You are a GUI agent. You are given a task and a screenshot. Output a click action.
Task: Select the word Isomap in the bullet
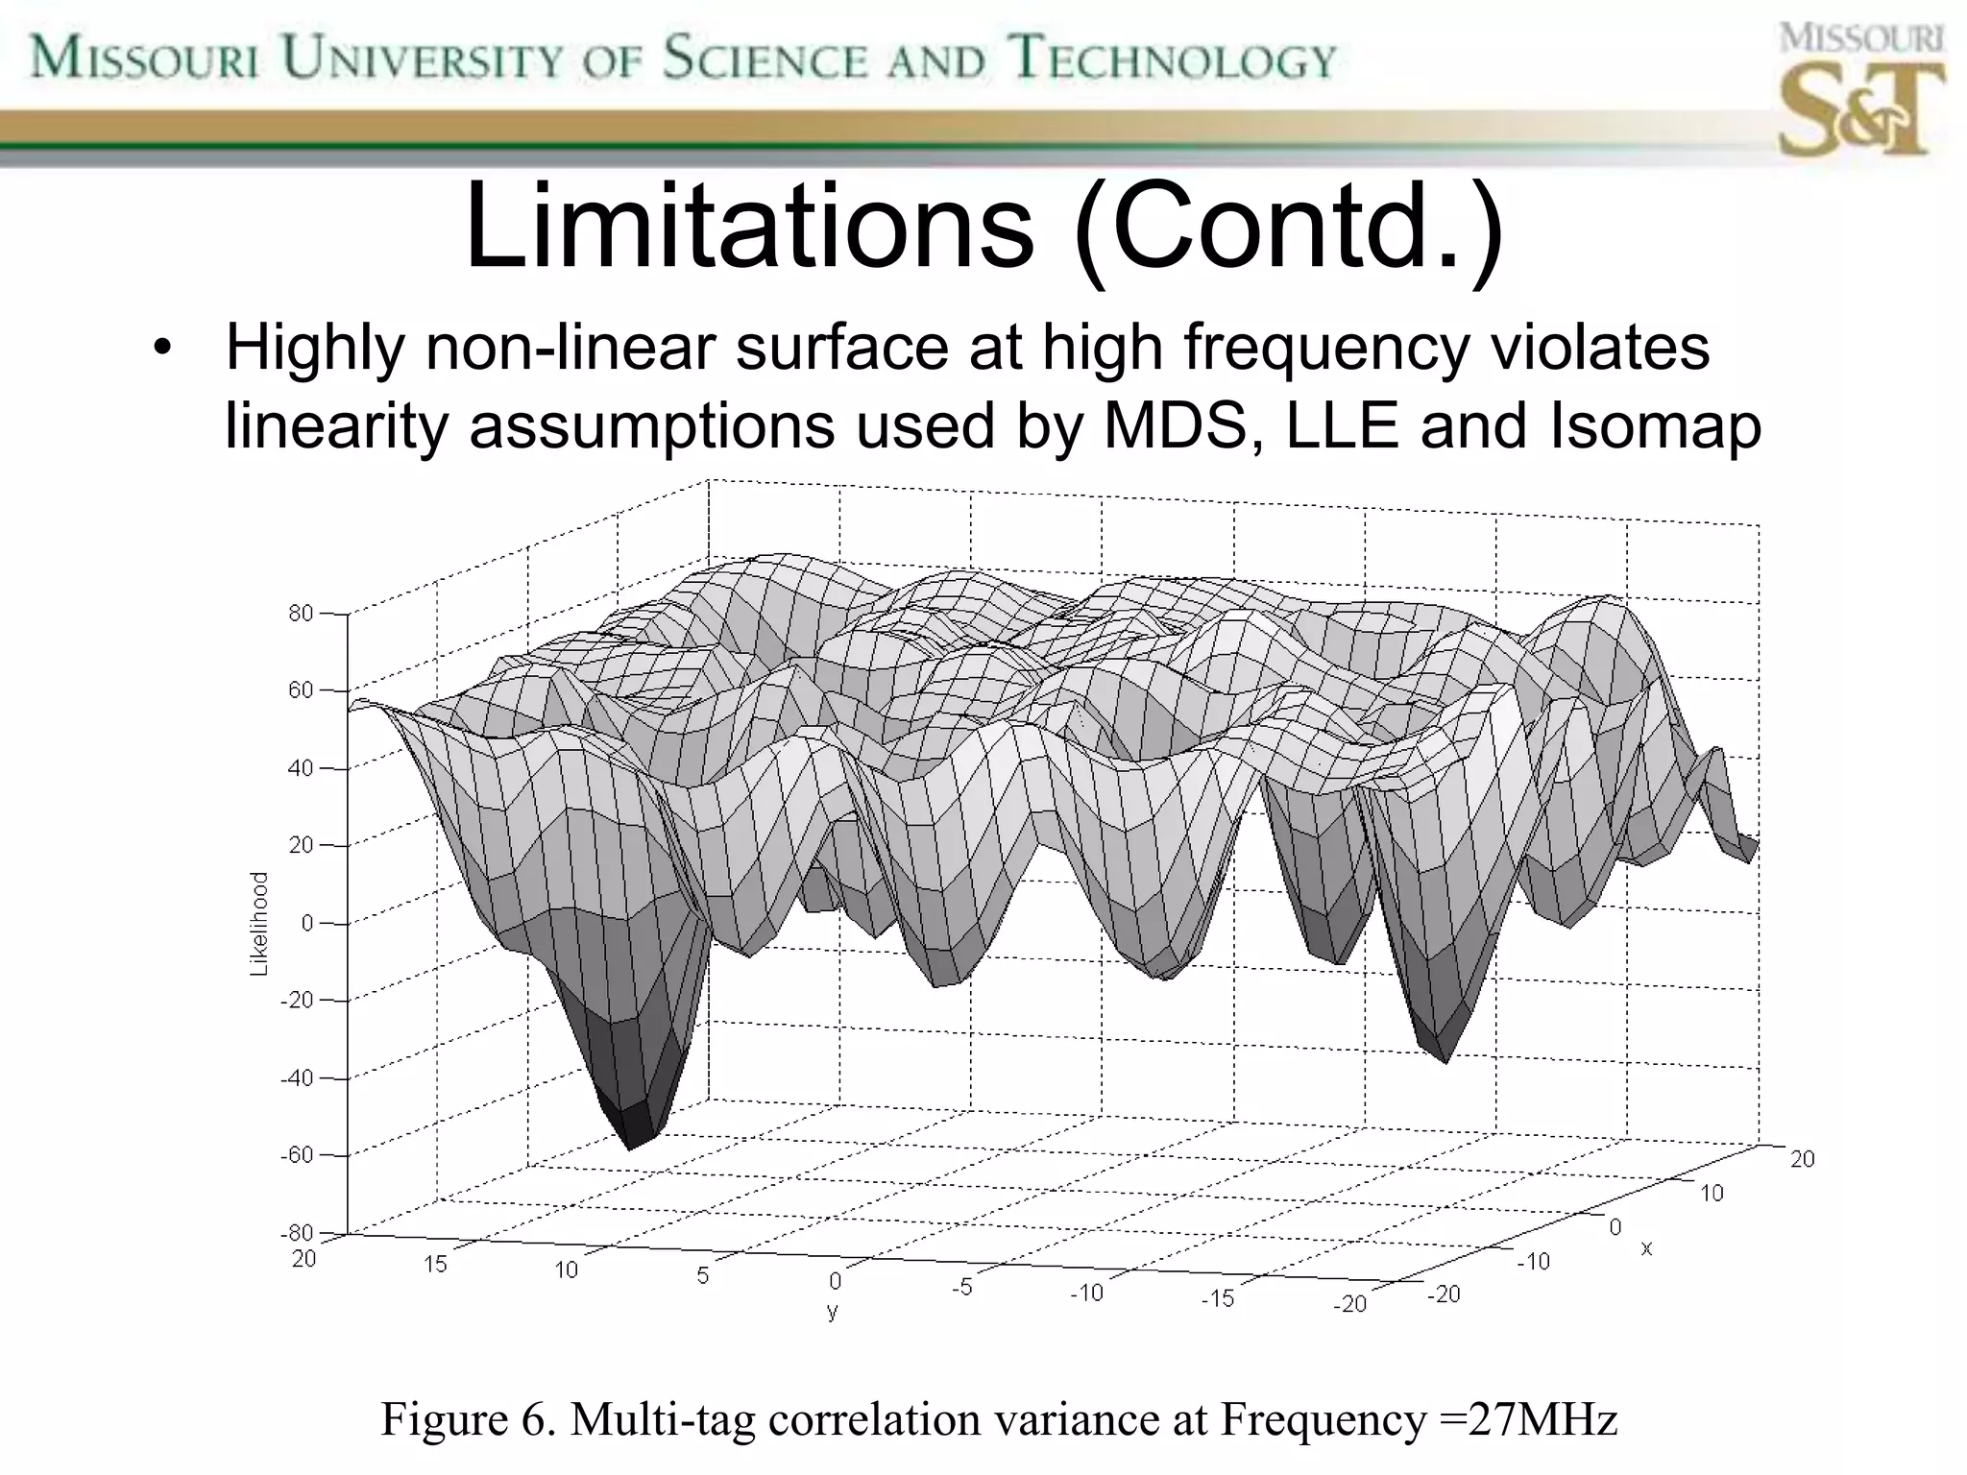click(1654, 425)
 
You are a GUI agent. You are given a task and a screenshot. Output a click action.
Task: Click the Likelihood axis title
click(258, 924)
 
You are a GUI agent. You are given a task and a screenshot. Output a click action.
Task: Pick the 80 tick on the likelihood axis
click(301, 613)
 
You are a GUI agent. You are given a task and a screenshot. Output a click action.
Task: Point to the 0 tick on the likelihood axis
click(307, 923)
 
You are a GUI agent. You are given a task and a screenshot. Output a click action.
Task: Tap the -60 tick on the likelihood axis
click(297, 1155)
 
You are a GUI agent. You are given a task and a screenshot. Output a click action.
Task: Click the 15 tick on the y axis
click(435, 1264)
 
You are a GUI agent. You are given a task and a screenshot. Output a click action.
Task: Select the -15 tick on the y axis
click(1217, 1299)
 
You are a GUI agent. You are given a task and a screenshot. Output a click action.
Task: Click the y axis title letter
click(832, 1311)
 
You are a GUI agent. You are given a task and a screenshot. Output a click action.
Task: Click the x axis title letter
click(1646, 1247)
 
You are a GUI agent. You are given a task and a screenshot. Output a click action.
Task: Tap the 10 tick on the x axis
click(1712, 1194)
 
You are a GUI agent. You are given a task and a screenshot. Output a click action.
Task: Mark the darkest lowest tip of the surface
click(631, 1143)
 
